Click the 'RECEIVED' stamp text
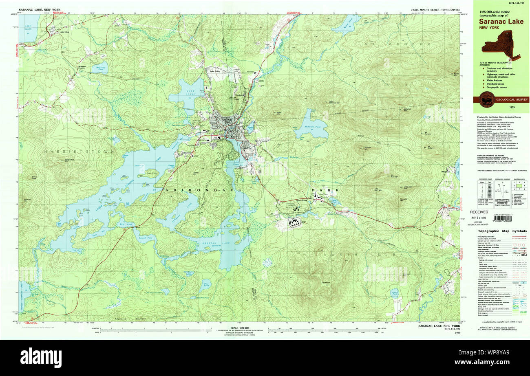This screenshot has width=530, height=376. pyautogui.click(x=479, y=212)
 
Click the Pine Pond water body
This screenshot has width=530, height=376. pyautogui.click(x=207, y=284)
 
